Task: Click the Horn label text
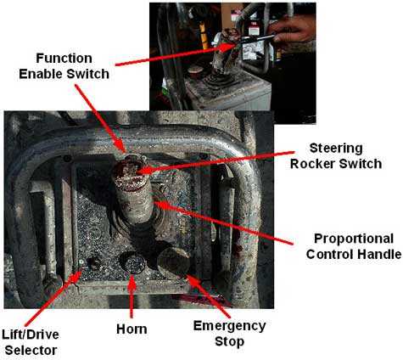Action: coord(132,327)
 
